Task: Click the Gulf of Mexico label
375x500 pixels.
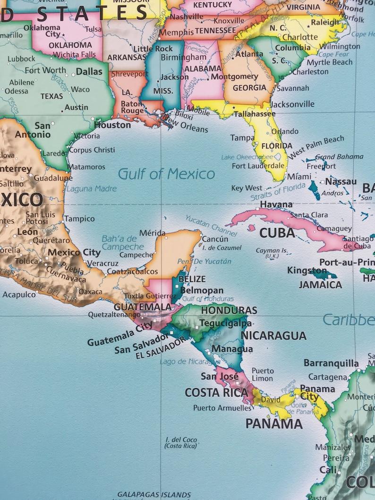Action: click(166, 174)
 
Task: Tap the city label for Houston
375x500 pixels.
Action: click(112, 125)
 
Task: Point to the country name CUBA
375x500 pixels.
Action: click(277, 233)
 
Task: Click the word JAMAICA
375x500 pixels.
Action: click(320, 285)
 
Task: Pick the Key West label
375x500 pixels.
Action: click(247, 188)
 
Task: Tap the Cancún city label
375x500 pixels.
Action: click(215, 239)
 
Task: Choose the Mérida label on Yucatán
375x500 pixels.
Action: click(153, 233)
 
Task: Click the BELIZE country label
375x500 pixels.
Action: click(192, 279)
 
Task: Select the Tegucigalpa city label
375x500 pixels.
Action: click(225, 323)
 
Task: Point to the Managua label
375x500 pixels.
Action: click(225, 349)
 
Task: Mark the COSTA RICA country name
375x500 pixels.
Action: click(216, 392)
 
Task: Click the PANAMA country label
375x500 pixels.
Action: click(274, 424)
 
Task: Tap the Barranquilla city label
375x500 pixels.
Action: click(331, 363)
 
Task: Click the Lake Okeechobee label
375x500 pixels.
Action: click(247, 157)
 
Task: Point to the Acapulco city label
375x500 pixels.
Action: click(19, 295)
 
